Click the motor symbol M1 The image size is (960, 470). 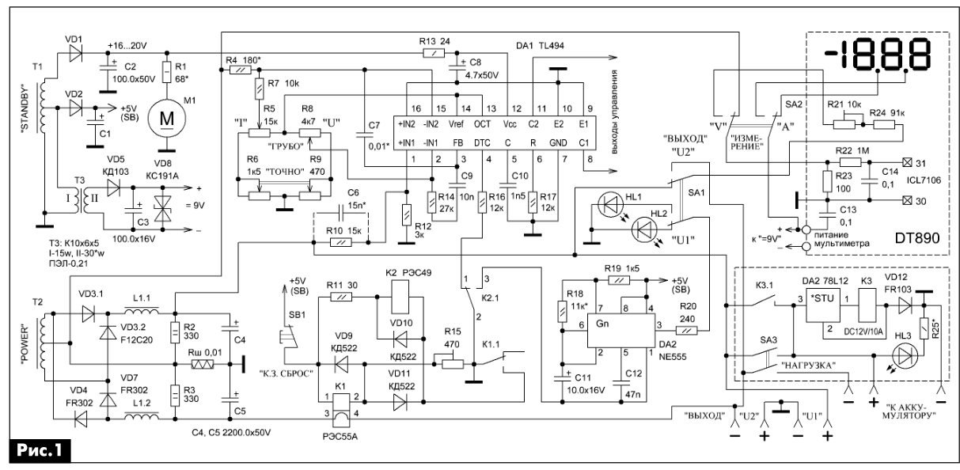[x=166, y=119]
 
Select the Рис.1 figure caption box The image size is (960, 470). [x=40, y=451]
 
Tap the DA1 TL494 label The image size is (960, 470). [x=540, y=46]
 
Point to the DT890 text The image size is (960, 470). [x=916, y=238]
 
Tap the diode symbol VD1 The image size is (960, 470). [x=75, y=54]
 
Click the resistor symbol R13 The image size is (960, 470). [x=434, y=53]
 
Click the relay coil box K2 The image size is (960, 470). [x=400, y=298]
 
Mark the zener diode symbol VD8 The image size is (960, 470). [x=162, y=209]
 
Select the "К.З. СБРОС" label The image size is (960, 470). [x=286, y=373]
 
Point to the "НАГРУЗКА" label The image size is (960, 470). [x=809, y=366]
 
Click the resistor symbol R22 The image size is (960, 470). [x=850, y=162]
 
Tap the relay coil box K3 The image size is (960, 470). [x=867, y=305]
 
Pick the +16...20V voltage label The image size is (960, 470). [x=127, y=45]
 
